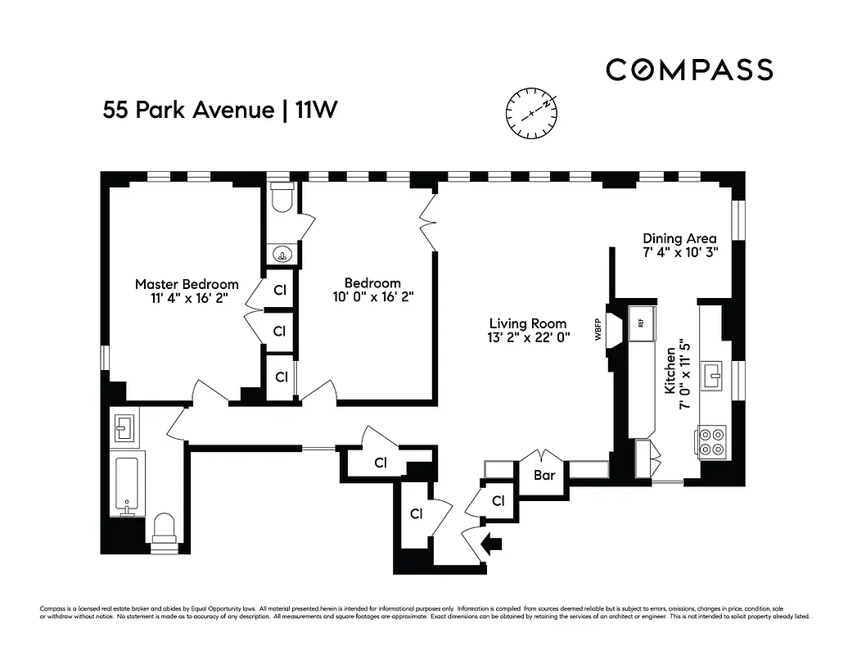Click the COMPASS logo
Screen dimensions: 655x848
(x=689, y=70)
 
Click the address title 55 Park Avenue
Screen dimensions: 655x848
(x=187, y=110)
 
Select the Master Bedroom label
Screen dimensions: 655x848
(x=187, y=284)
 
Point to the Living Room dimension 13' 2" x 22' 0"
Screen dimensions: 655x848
(x=528, y=337)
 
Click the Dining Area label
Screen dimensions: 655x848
(x=679, y=238)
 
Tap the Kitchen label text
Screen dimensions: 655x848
(x=670, y=371)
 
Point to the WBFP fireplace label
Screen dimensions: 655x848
(x=598, y=329)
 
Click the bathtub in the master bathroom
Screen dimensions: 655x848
(x=127, y=485)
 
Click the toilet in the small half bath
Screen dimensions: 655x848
(x=282, y=197)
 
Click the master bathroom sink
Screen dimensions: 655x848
(x=124, y=426)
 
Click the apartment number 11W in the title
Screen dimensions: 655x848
(x=315, y=110)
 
